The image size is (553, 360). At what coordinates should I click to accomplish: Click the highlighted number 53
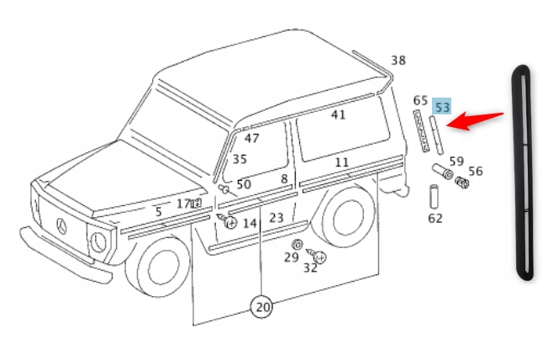[x=442, y=107]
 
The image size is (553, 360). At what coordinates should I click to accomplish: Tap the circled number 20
[x=263, y=308]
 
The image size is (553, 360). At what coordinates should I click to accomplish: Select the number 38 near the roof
[x=398, y=60]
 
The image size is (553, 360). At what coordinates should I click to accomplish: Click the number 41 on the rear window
[x=338, y=114]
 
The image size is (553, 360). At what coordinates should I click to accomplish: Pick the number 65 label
[x=420, y=101]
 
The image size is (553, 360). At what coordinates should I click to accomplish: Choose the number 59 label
[x=456, y=161]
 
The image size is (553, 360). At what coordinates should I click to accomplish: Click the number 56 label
[x=476, y=171]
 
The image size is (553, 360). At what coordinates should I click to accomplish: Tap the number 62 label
[x=434, y=219]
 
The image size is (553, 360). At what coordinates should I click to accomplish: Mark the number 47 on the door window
[x=252, y=138]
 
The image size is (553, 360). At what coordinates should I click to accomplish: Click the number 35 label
[x=240, y=158]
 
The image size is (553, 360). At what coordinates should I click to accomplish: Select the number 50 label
[x=244, y=184]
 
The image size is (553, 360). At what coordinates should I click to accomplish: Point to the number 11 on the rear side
[x=341, y=161]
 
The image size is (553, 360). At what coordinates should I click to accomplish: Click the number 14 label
[x=250, y=223]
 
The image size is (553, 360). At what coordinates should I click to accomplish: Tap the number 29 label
[x=291, y=257]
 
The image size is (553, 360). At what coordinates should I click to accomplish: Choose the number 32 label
[x=310, y=267]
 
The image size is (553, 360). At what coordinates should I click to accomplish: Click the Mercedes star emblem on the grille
[x=61, y=225]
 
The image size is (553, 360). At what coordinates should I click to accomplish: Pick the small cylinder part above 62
[x=432, y=197]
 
